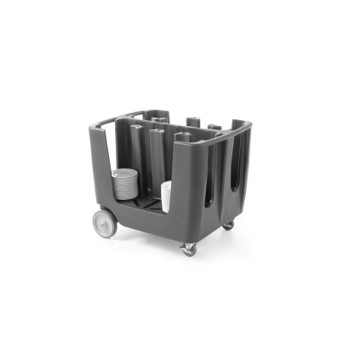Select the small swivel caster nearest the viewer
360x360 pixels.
tap(188, 249)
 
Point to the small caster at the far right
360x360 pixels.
tap(228, 224)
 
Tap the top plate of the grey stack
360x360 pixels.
tap(125, 173)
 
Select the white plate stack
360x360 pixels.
tap(166, 194)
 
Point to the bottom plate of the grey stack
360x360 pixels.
tap(124, 197)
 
